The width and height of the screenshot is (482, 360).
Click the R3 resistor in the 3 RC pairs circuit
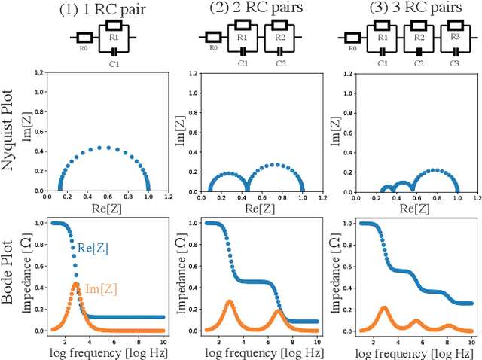pos(454,36)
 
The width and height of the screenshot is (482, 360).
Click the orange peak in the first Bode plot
pos(75,284)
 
